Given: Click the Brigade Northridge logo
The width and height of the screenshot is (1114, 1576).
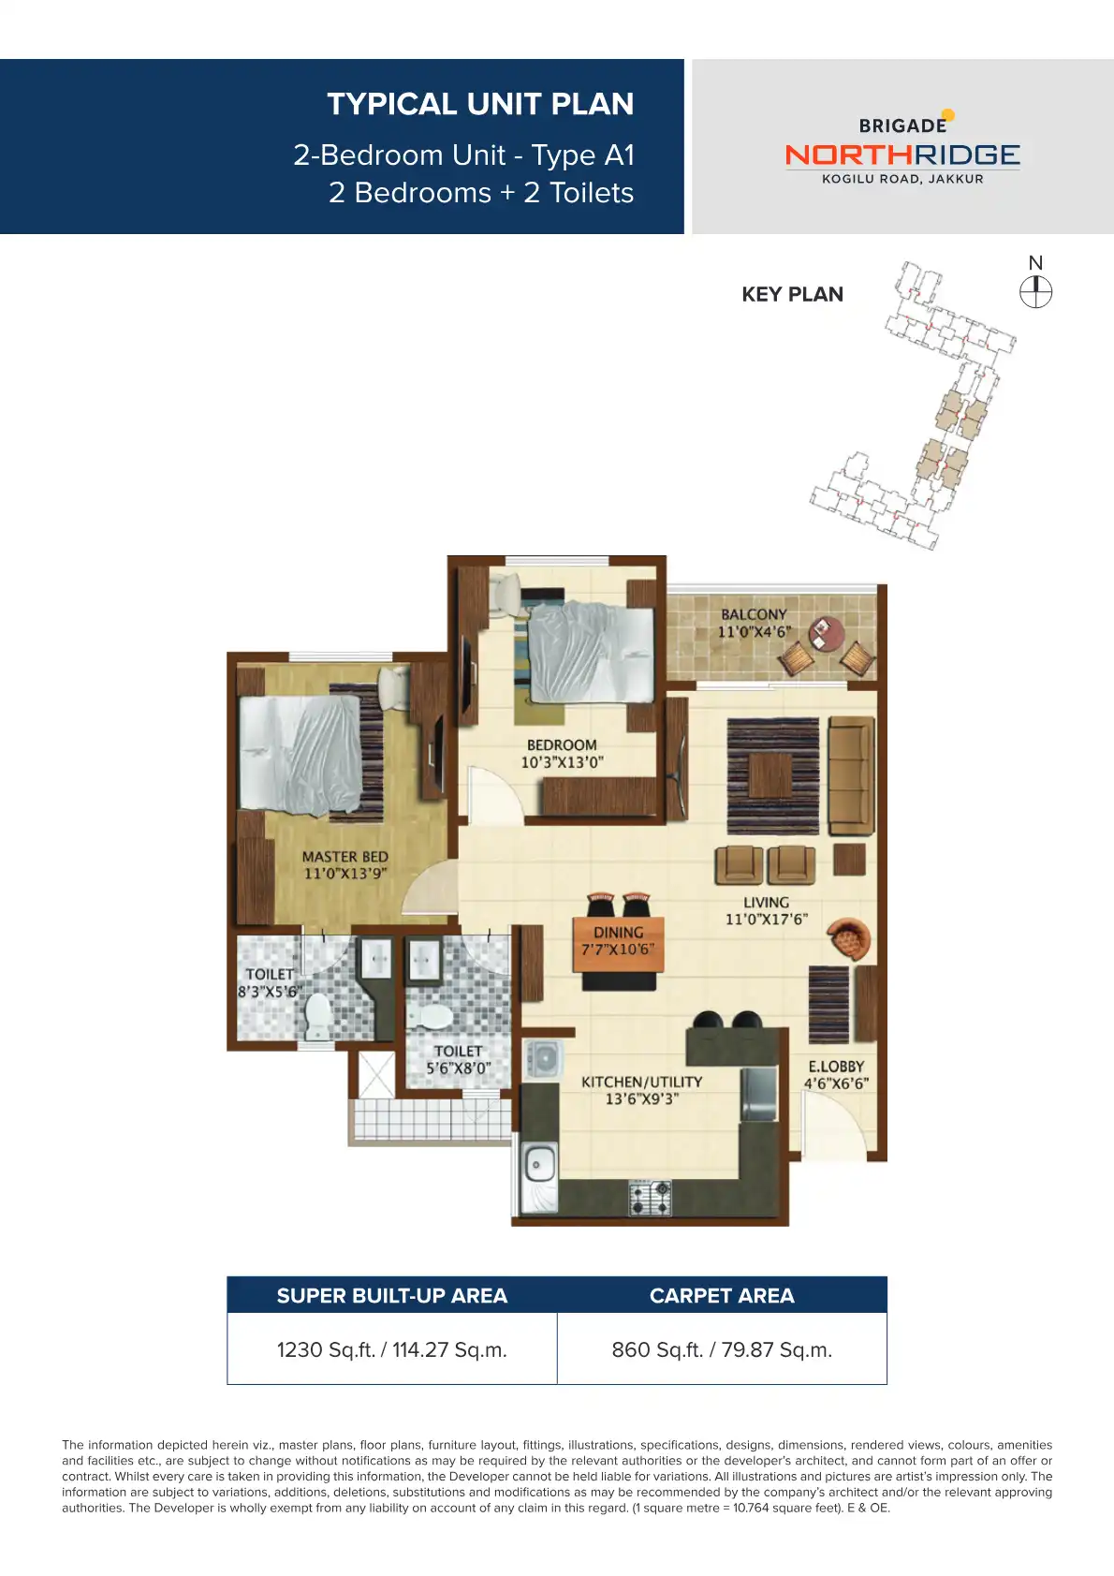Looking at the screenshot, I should click(902, 149).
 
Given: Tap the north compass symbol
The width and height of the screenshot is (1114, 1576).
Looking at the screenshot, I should click(1035, 291).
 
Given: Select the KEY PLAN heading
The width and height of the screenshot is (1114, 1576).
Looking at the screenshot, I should click(792, 295).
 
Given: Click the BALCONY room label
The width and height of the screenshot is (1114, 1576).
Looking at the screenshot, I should click(754, 614).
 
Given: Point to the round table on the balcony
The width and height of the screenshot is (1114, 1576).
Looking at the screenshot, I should click(826, 633).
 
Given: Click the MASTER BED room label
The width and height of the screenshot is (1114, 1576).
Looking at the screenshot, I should click(344, 857).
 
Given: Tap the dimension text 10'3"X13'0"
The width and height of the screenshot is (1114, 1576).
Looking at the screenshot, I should click(562, 762).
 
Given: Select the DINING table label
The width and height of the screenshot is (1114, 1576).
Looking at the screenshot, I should click(618, 933).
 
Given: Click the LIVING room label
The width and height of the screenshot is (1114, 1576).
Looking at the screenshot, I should click(766, 903).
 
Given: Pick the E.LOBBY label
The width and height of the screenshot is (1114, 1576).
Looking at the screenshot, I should click(836, 1067).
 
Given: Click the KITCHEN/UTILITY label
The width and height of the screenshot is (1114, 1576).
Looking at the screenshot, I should click(641, 1082).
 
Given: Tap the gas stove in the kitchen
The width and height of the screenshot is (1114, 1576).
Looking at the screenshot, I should click(650, 1196).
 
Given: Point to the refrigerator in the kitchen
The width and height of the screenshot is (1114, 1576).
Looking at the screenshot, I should click(759, 1094).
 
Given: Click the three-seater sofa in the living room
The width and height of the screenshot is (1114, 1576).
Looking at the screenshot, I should click(850, 774).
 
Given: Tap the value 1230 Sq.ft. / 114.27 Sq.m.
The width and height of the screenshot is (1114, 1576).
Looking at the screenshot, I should click(391, 1349).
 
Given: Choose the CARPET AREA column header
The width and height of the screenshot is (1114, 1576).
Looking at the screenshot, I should click(722, 1296).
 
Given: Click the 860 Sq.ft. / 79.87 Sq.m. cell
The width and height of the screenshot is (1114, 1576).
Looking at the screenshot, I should click(722, 1349).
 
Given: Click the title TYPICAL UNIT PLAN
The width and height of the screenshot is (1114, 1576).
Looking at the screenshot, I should click(480, 104).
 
